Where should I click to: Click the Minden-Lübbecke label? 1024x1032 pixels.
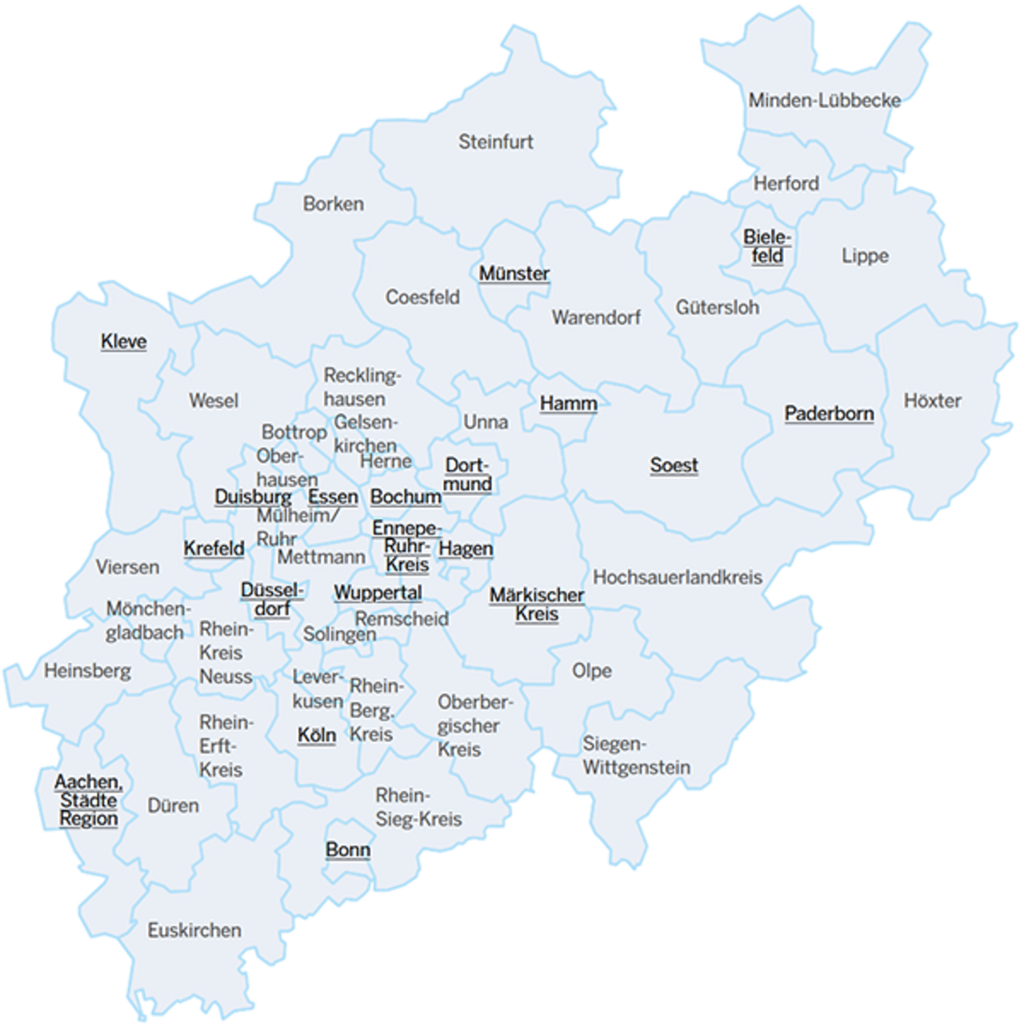[824, 100]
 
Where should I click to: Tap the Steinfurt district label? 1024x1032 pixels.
[495, 142]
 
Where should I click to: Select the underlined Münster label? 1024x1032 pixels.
[514, 274]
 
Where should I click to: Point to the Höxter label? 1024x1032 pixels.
[932, 400]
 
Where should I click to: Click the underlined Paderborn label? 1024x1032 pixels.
[829, 414]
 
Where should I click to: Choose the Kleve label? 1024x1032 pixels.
[124, 342]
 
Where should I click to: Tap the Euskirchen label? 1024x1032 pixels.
[194, 930]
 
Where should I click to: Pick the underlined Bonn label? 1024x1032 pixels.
[348, 849]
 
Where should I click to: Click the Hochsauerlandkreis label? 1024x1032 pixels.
[678, 577]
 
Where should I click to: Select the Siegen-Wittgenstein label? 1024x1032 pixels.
[635, 756]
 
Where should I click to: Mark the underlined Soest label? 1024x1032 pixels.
[674, 465]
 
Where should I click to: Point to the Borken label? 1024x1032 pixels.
[334, 204]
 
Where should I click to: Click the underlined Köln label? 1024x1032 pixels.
[317, 735]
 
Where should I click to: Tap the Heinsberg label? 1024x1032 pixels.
[87, 671]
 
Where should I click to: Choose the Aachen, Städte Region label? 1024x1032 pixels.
[88, 800]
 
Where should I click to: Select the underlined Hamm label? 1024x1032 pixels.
[568, 404]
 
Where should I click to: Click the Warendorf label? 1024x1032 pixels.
[596, 318]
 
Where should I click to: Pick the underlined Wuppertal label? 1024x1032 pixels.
[378, 593]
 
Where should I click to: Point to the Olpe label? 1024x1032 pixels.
[592, 671]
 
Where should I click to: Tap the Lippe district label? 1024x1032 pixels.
[865, 256]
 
